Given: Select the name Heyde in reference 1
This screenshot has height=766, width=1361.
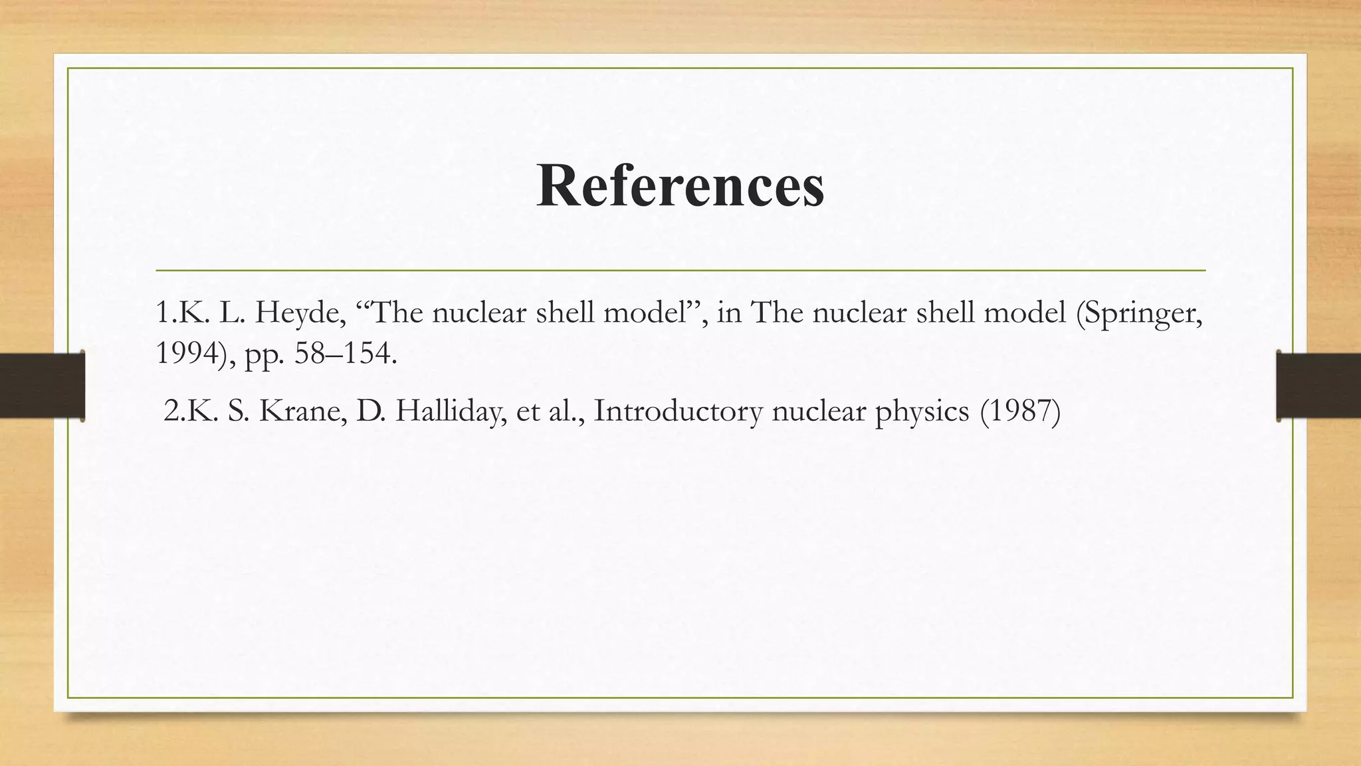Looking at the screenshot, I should [x=300, y=313].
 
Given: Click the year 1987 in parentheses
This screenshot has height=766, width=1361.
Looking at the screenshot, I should [x=1020, y=412].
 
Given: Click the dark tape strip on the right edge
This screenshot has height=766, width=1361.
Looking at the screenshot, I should [x=1318, y=386].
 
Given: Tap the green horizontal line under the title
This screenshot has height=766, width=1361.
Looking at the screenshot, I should [x=680, y=271].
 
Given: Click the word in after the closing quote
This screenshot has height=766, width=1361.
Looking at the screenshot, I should [x=729, y=313].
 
